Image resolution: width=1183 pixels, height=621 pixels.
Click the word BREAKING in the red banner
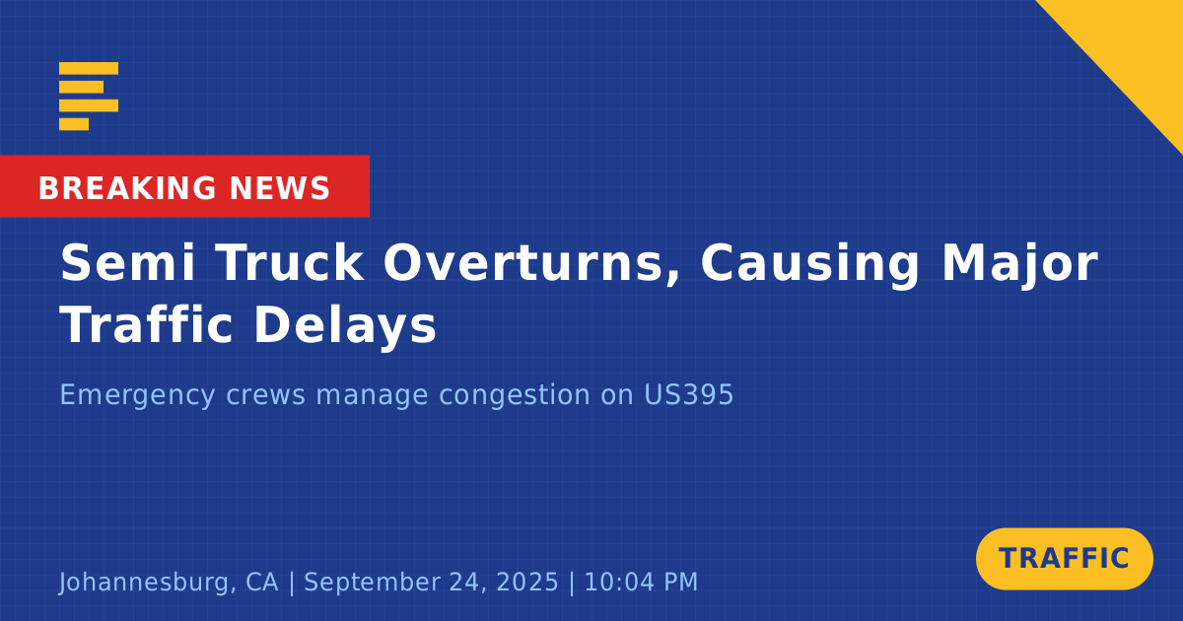tap(127, 188)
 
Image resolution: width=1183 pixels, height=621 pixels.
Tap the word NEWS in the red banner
tap(280, 188)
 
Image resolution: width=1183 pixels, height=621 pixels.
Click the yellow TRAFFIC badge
tap(1064, 559)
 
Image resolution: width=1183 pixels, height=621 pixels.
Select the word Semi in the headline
tap(127, 263)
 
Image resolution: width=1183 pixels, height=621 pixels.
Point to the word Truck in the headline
tap(290, 263)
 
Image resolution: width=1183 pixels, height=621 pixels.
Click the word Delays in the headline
tap(345, 327)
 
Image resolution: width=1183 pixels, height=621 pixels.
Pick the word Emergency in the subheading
tap(137, 395)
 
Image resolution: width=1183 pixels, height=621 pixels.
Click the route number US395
tap(689, 394)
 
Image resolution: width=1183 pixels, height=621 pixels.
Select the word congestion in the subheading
tap(515, 396)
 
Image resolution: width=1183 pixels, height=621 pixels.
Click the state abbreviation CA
tap(262, 582)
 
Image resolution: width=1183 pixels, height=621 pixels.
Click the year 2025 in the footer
tap(527, 582)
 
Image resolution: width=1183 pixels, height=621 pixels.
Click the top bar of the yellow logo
tap(89, 68)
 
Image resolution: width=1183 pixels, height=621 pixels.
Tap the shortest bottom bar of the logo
tap(74, 124)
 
